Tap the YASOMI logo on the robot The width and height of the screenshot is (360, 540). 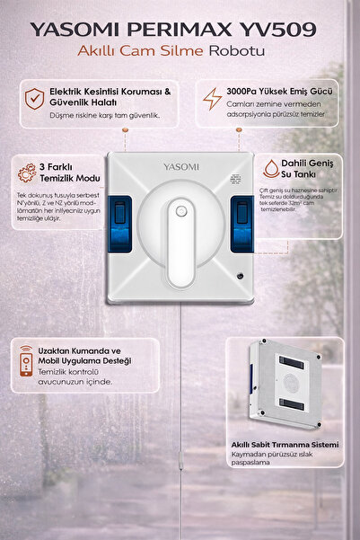(x=180, y=166)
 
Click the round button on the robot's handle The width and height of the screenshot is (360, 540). (x=180, y=212)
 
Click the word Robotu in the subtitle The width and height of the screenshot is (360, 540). (x=236, y=51)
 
